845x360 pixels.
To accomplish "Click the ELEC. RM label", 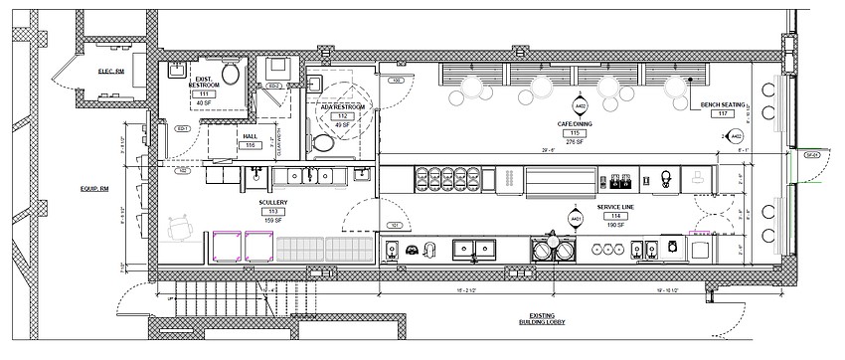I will click(109, 71).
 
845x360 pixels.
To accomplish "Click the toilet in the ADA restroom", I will click(321, 143).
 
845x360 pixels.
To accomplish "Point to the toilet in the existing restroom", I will click(232, 73).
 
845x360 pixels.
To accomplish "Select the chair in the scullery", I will click(182, 230).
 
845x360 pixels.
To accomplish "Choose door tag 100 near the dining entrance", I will click(396, 81).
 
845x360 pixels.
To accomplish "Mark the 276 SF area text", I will click(574, 141).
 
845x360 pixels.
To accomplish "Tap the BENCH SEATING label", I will click(723, 103).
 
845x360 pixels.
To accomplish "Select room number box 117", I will click(723, 113).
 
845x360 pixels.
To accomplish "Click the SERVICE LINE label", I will click(617, 209).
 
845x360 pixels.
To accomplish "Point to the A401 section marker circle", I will click(575, 218).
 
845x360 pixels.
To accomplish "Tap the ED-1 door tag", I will click(182, 128).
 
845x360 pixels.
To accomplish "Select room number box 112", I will click(342, 116).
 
